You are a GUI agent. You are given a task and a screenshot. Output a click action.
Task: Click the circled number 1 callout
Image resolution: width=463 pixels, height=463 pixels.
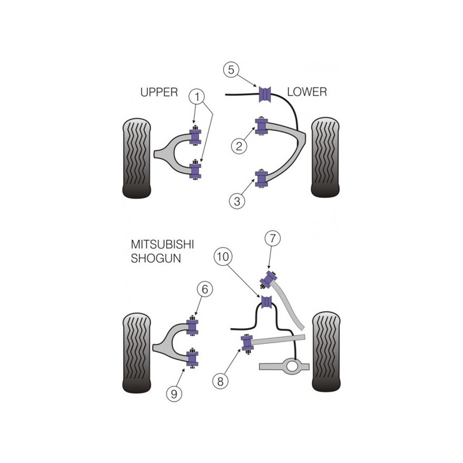tap(197, 96)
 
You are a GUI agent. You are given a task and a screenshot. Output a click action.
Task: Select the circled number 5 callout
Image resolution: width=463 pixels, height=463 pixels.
tap(231, 70)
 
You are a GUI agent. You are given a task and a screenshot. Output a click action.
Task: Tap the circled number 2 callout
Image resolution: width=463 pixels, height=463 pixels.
tap(238, 146)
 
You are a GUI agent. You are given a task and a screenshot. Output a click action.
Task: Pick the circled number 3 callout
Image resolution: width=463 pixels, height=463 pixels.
tap(237, 201)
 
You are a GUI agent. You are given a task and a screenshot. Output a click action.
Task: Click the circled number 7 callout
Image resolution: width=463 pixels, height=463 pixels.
tap(272, 238)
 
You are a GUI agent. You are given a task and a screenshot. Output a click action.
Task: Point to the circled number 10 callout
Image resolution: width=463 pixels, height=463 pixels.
tap(223, 256)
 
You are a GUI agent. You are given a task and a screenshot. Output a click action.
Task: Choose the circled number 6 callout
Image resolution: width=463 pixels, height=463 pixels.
tap(205, 289)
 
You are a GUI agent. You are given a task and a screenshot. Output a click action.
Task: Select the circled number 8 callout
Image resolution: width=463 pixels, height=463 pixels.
tap(221, 381)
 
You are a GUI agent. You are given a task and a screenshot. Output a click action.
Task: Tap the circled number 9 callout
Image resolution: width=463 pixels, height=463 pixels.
tap(174, 394)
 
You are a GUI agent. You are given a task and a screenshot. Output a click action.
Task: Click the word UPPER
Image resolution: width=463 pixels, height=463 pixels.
tap(159, 93)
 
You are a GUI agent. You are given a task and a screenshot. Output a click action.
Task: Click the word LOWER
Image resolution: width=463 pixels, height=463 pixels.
tap(307, 92)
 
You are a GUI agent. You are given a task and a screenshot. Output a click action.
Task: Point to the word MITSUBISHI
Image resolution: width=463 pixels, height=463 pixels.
tap(163, 244)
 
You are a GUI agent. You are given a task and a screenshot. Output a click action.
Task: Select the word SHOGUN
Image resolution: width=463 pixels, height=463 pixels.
tap(156, 259)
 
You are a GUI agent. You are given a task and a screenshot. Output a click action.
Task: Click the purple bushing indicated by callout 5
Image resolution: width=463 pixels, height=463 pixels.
tap(265, 94)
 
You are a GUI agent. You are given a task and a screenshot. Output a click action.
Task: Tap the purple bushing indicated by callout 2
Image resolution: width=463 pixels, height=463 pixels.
tap(262, 126)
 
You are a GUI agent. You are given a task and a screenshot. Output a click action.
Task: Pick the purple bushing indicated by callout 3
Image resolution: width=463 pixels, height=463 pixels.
tap(262, 178)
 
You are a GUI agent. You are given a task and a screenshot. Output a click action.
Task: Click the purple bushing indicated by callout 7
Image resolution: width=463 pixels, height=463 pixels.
tap(269, 279)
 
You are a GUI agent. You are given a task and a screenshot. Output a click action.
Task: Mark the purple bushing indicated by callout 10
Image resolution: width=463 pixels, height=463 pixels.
tap(267, 302)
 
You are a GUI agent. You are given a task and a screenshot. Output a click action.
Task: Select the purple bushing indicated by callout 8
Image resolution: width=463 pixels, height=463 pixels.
tap(248, 343)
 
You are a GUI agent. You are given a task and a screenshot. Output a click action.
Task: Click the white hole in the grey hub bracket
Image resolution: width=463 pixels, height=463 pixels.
tap(292, 366)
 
